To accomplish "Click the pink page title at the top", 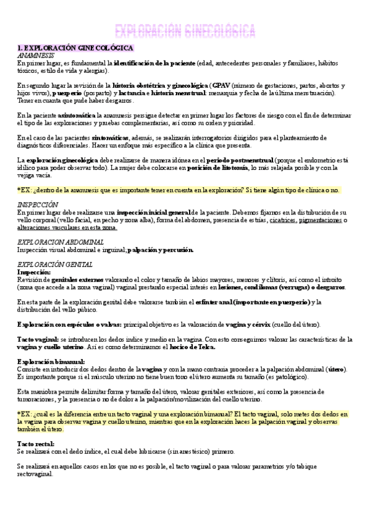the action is (185, 30).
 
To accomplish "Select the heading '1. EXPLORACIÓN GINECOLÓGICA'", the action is (75, 48).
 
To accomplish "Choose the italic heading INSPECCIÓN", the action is (38, 205).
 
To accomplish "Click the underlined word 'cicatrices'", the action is (282, 220).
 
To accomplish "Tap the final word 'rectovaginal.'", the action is (35, 475).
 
